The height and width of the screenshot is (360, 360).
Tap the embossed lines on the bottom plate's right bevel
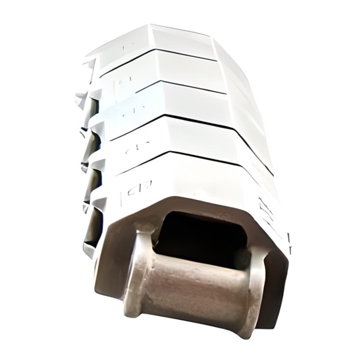pos(264,207)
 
